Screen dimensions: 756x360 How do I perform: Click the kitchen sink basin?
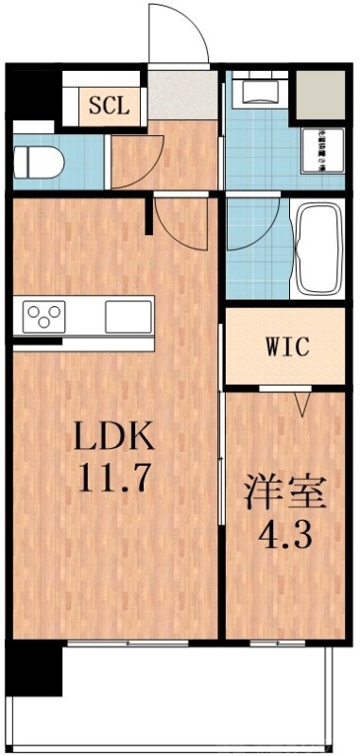pos(127,313)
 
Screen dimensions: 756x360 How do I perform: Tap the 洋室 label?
pos(286,494)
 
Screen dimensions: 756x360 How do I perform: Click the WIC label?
pos(285,347)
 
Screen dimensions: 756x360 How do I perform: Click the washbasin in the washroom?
pos(257,93)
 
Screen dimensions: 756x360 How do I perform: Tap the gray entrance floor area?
pos(182,95)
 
